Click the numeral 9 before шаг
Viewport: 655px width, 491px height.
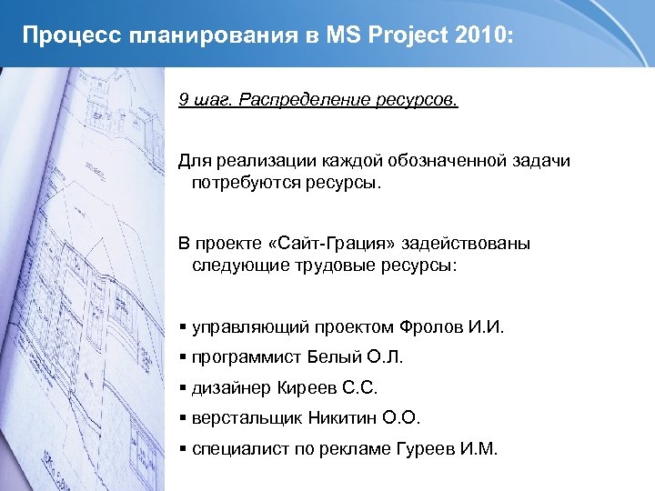pyautogui.click(x=183, y=99)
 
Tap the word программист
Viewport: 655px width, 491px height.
pyautogui.click(x=246, y=357)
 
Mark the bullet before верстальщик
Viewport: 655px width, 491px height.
pyautogui.click(x=183, y=419)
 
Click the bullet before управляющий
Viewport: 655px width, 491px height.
pyautogui.click(x=183, y=327)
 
